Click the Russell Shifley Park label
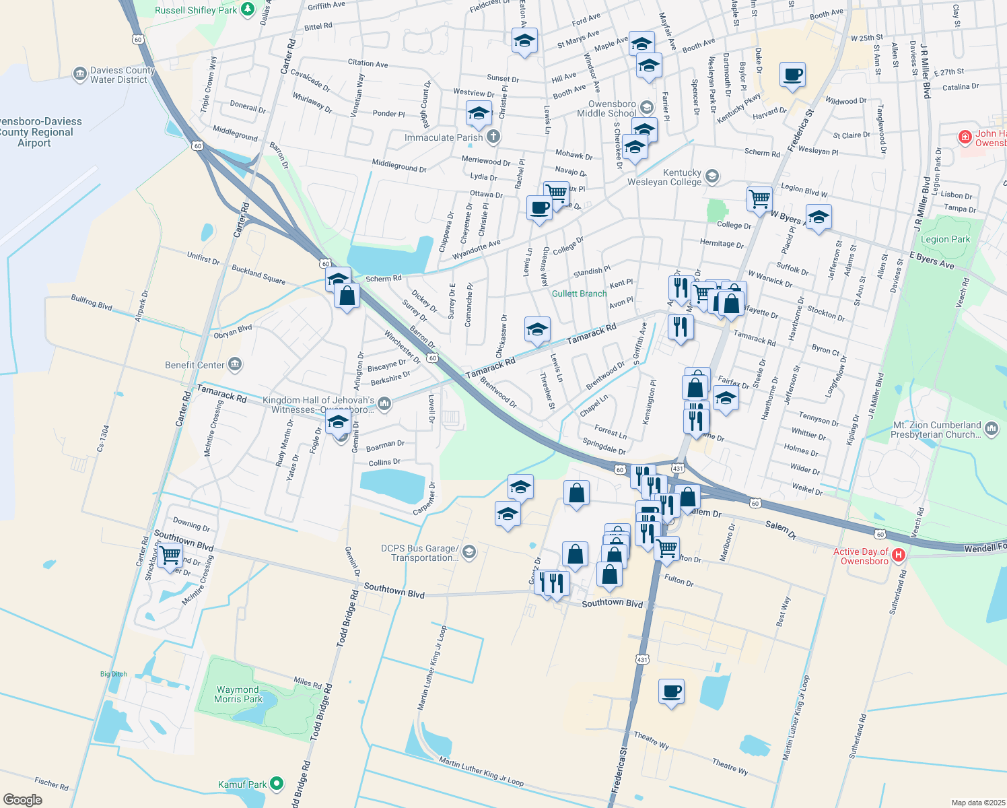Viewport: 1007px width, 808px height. [196, 10]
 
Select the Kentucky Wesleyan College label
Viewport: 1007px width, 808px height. [664, 177]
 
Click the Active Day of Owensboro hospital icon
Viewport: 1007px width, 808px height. [899, 555]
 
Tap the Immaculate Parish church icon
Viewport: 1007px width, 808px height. [493, 137]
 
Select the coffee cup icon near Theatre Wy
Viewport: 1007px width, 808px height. [671, 692]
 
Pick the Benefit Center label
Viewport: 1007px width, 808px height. [195, 365]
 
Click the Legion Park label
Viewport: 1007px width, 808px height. [945, 239]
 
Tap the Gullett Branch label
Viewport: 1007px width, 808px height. [579, 294]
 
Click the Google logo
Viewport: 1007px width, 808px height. [23, 799]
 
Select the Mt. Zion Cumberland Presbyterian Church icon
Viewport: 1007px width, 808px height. [991, 428]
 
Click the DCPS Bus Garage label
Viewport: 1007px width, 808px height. [420, 553]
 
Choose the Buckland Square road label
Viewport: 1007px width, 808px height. [258, 275]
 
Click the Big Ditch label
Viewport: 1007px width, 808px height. [113, 674]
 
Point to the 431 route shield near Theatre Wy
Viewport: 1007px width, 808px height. [642, 660]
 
